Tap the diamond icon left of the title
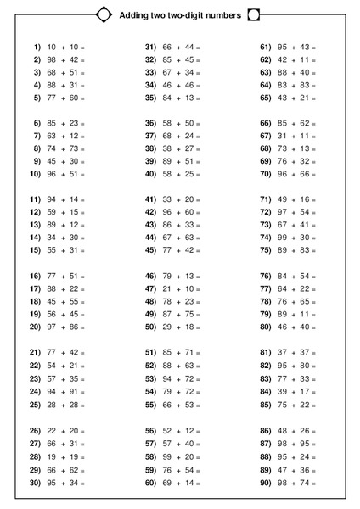tap(104, 14)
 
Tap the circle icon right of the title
tap(253, 15)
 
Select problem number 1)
tap(37, 47)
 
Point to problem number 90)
tap(265, 483)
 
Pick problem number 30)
tap(36, 483)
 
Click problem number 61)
tap(265, 47)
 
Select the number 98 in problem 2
tap(52, 59)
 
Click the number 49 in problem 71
tap(282, 199)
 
